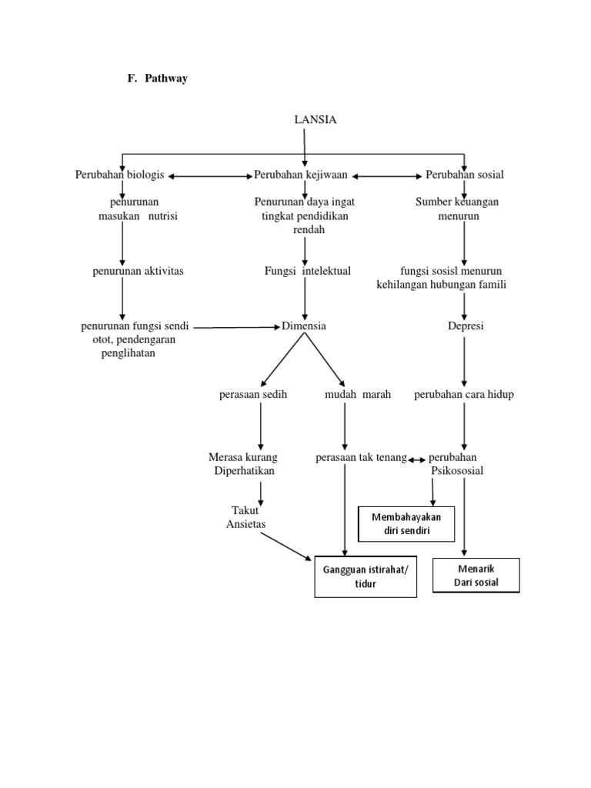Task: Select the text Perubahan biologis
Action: (119, 175)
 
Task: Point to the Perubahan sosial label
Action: (465, 175)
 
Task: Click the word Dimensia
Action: (304, 326)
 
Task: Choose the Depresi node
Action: (466, 326)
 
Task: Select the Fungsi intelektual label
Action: (308, 271)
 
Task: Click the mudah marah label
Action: (358, 395)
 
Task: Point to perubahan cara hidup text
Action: (464, 395)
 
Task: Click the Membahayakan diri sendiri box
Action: (406, 524)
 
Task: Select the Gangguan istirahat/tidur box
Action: (366, 576)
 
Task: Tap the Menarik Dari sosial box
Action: (476, 576)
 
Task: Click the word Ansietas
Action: (245, 524)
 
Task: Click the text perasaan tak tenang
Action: (361, 458)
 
